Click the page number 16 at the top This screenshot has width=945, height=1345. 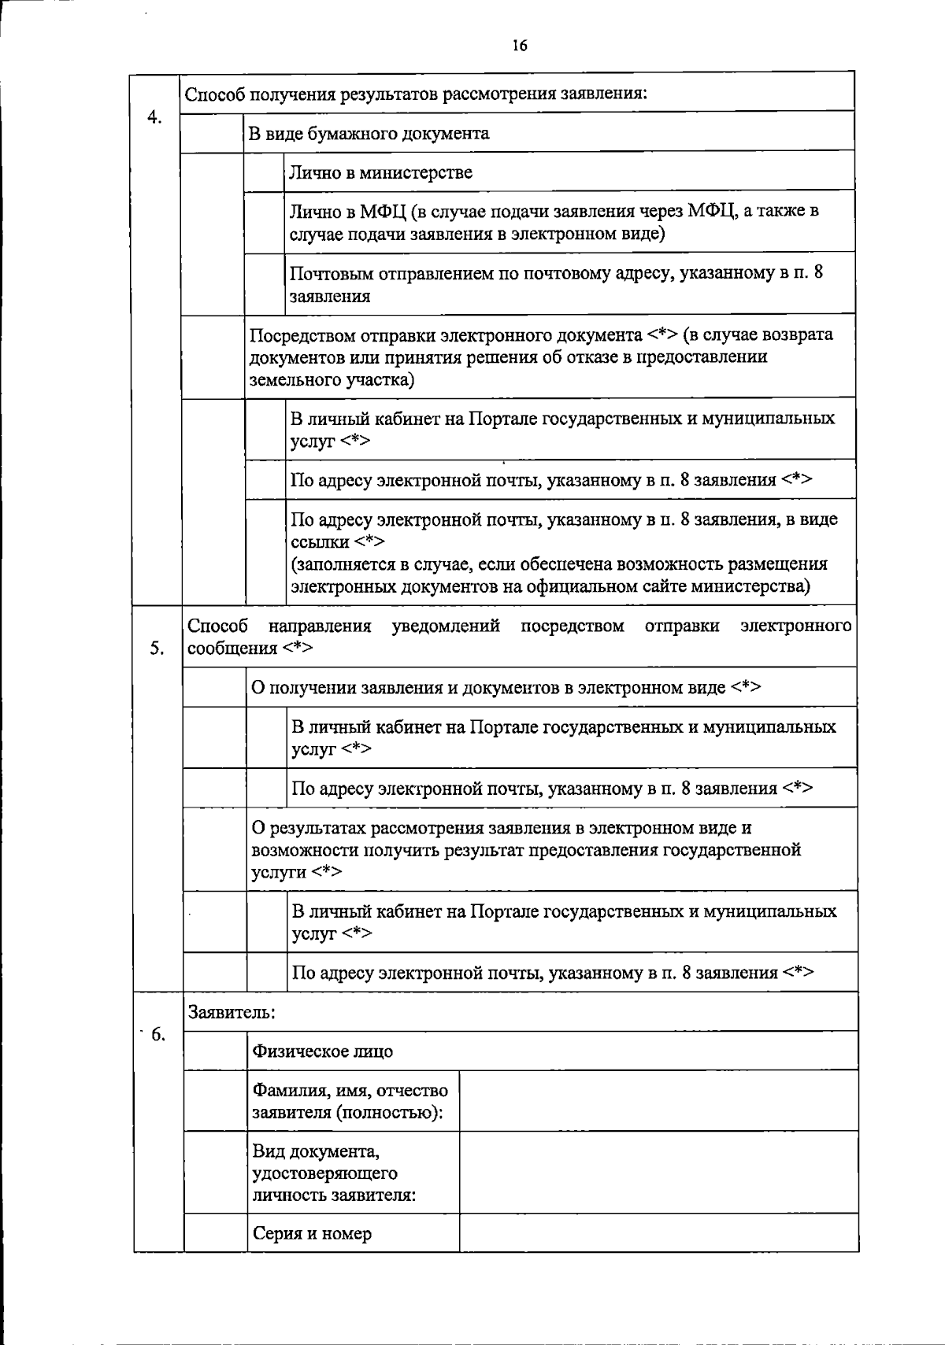519,46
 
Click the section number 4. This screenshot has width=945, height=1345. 154,117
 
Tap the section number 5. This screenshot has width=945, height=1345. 157,648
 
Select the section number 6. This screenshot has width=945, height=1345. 157,1034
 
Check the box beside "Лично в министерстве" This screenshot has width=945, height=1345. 264,172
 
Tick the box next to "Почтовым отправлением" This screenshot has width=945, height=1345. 264,283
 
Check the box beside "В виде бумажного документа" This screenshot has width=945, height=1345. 212,132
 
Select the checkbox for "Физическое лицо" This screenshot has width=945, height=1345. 215,1051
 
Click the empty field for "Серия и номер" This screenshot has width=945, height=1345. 658,1232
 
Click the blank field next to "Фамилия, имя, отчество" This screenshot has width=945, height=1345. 658,1100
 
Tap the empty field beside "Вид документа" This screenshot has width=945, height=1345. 658,1173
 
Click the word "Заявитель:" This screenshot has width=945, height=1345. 232,1012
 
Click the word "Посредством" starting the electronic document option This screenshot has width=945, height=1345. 303,335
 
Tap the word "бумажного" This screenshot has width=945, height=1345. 352,133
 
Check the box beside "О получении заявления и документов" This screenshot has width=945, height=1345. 214,687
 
